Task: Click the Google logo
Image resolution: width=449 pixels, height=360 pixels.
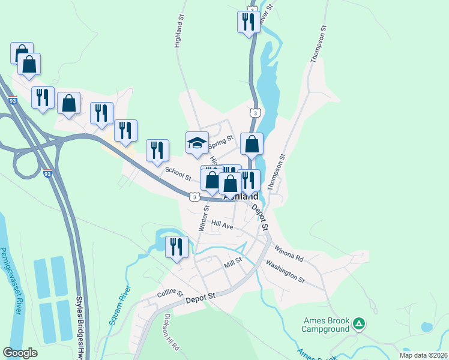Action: click(x=20, y=353)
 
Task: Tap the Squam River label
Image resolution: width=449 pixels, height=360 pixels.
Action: click(x=119, y=306)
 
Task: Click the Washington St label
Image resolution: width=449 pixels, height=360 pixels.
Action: click(x=285, y=271)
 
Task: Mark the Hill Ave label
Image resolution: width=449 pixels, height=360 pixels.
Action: click(x=222, y=225)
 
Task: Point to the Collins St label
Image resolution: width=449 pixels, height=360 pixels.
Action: click(x=170, y=292)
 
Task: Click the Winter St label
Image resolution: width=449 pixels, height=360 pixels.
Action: click(x=203, y=218)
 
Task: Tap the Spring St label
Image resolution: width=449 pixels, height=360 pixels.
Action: click(x=220, y=142)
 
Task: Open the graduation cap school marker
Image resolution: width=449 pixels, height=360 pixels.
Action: click(x=197, y=142)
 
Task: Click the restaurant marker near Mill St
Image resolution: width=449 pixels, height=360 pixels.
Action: click(x=176, y=247)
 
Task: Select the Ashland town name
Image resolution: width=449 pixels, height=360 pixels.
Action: click(x=241, y=196)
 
